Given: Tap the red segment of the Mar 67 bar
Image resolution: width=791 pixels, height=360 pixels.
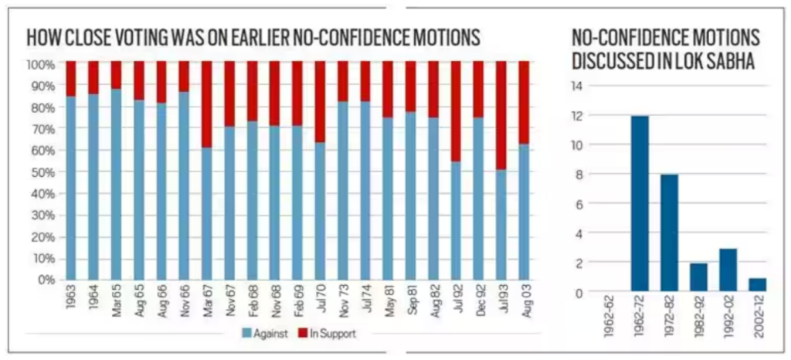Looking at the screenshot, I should pyautogui.click(x=206, y=104).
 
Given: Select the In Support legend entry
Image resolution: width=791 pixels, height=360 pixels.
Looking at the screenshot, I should pyautogui.click(x=326, y=334).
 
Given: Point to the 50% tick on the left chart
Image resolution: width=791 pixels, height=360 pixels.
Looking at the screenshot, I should pyautogui.click(x=42, y=171).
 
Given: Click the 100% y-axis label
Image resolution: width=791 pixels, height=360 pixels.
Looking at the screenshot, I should pyautogui.click(x=40, y=63).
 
